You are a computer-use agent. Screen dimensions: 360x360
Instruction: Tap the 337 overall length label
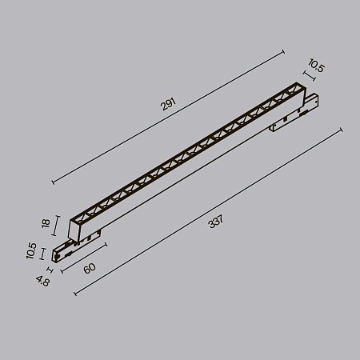[x=214, y=222]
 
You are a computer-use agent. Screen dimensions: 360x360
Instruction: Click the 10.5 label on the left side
[x=31, y=253]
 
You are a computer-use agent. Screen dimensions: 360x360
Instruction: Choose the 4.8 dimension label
[x=42, y=280]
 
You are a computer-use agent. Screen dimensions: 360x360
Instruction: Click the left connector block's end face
[x=56, y=254]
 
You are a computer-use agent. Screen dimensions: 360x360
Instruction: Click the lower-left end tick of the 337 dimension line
[x=74, y=293]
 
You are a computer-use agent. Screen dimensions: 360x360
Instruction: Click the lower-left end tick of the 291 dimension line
[x=53, y=184]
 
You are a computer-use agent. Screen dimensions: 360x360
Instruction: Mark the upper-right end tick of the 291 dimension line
[x=284, y=52]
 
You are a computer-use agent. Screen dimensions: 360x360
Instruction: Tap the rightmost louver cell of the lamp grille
[x=296, y=87]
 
